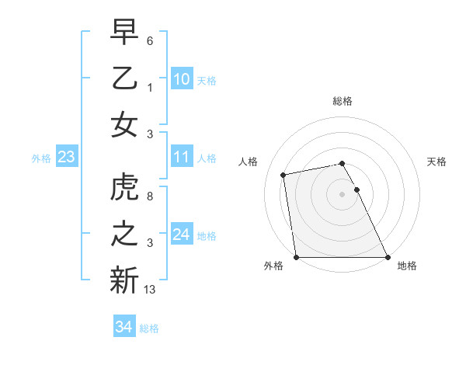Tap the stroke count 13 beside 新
point(150,290)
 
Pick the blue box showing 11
point(181,158)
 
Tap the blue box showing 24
point(181,235)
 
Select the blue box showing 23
point(66,158)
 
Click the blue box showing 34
point(123,327)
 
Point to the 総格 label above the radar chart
point(343,101)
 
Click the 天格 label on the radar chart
point(436,162)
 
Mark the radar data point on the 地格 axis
point(387,257)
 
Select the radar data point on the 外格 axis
point(296,257)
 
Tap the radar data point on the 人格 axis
point(284,175)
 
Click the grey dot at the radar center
point(342,194)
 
